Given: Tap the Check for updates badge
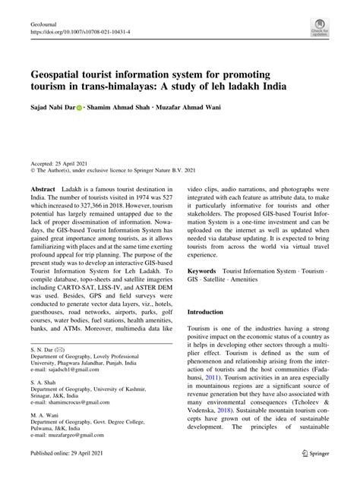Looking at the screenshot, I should (x=319, y=30).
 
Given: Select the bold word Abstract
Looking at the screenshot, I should (x=44, y=187).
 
